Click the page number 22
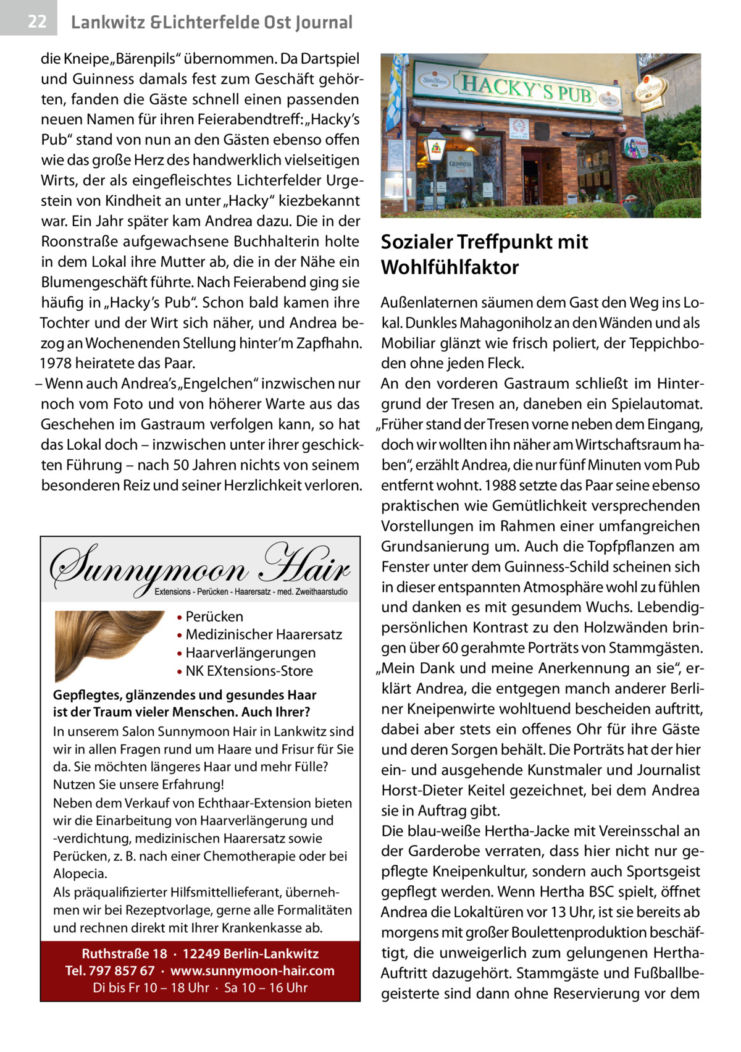[36, 22]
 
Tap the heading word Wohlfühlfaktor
[450, 268]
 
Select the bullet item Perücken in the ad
[214, 616]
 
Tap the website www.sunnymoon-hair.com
[253, 970]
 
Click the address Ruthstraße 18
[124, 954]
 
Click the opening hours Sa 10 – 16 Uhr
[266, 987]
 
